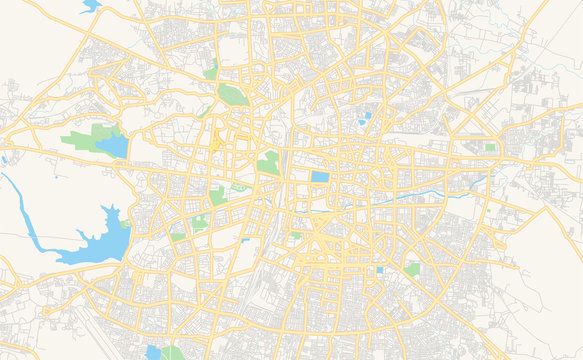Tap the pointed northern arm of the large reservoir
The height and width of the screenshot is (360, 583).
tap(109, 213)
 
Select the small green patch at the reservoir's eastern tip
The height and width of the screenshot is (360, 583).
tap(125, 225)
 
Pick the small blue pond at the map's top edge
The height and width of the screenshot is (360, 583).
tap(90, 6)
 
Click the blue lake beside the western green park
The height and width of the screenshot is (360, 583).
tap(112, 146)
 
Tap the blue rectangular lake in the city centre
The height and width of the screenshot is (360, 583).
tap(319, 177)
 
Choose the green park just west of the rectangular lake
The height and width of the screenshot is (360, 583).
tap(268, 162)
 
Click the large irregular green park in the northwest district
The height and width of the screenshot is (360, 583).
tap(232, 95)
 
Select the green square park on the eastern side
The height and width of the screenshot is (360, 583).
tap(490, 147)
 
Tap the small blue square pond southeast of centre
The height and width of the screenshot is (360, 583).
tap(379, 270)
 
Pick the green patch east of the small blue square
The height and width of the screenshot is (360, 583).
tap(413, 269)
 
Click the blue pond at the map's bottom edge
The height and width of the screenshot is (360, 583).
tap(152, 352)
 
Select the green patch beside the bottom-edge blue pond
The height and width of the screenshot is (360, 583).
tap(172, 353)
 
